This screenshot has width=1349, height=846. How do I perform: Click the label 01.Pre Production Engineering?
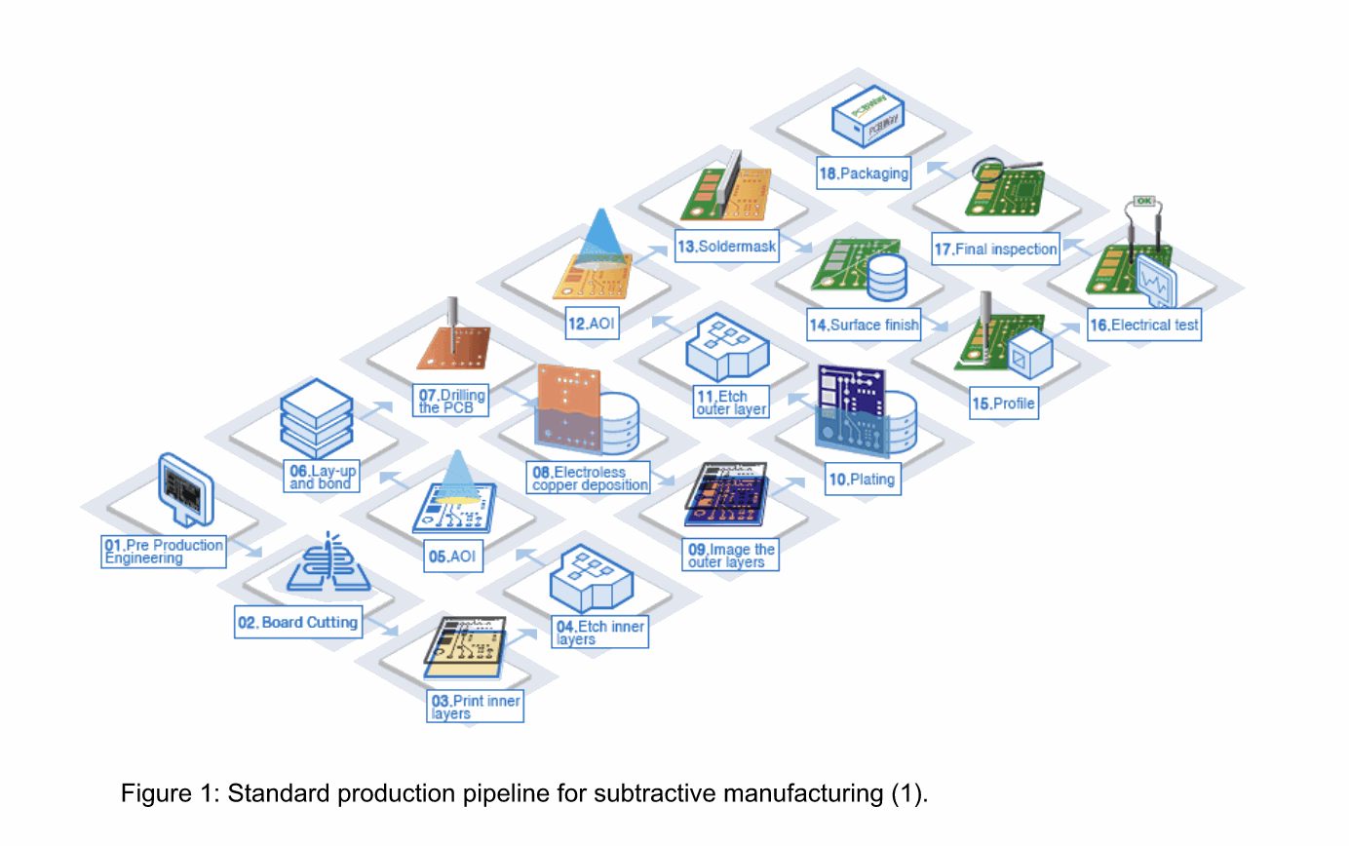(x=164, y=552)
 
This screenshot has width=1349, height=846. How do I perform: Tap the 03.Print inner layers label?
(x=475, y=707)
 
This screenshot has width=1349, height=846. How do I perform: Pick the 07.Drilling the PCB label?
(x=451, y=402)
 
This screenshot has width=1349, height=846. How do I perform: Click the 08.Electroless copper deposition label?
(x=590, y=479)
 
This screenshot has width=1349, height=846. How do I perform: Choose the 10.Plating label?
(x=862, y=480)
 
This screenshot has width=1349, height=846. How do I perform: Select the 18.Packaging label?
(x=864, y=174)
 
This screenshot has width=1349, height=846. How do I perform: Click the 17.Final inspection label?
(x=994, y=249)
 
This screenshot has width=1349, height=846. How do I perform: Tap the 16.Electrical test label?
(x=1143, y=325)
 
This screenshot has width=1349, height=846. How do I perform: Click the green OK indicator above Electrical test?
(x=1144, y=202)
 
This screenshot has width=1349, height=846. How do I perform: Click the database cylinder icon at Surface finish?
(x=886, y=277)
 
